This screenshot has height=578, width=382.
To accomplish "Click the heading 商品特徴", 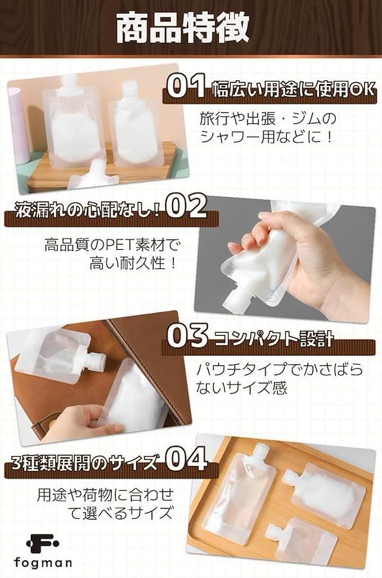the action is click(183, 28).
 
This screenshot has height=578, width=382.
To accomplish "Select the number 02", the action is click(186, 207).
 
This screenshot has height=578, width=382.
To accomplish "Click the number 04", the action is click(186, 459).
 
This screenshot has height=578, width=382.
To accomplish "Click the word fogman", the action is click(43, 563).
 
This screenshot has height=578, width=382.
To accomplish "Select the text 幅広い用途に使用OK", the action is click(293, 90).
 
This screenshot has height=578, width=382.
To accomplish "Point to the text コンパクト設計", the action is click(273, 339).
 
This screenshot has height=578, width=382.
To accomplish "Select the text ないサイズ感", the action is click(241, 388).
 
